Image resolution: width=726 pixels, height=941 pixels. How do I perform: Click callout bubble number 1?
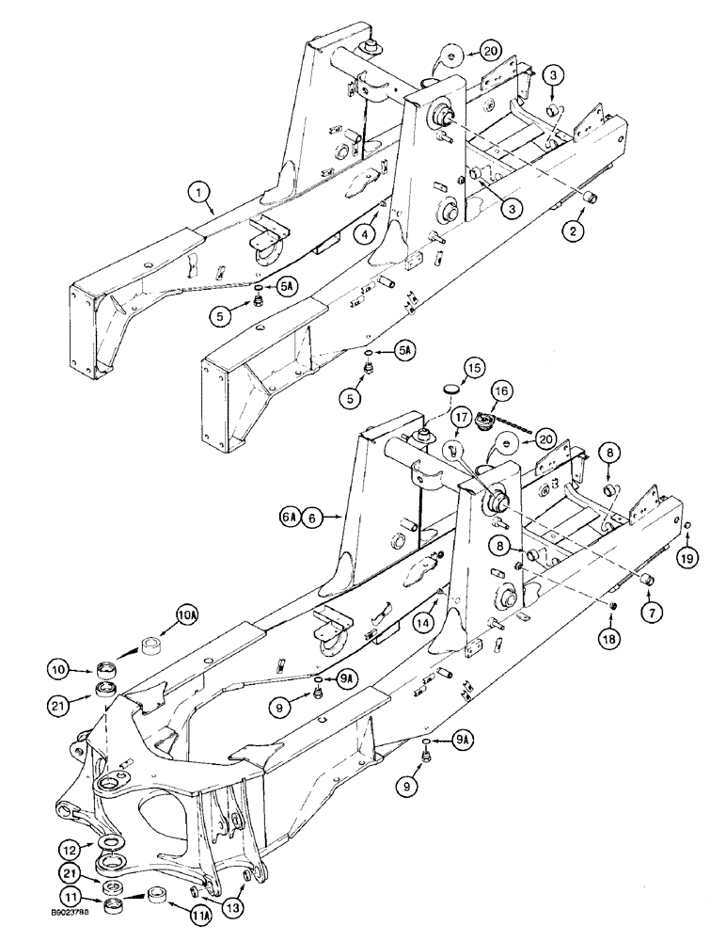197,196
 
